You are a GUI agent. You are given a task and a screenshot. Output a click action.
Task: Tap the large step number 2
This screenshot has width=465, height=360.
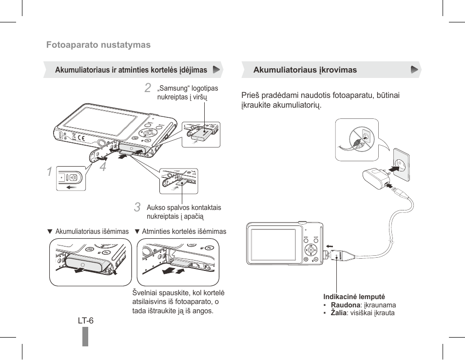[x=148, y=88]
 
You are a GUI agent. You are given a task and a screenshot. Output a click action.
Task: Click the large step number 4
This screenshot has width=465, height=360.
[x=102, y=167]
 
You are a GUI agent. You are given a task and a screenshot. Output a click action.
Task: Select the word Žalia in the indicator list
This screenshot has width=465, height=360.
[x=338, y=313]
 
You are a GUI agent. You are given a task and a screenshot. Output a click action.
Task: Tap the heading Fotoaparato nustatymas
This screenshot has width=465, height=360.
[x=98, y=45]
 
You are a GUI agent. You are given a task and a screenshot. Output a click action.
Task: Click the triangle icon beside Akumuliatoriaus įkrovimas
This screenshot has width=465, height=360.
[x=414, y=70]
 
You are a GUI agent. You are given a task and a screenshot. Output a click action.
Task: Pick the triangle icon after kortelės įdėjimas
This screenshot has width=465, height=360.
[x=216, y=70]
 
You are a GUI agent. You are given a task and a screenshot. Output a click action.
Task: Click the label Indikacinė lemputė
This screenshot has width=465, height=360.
[x=354, y=297]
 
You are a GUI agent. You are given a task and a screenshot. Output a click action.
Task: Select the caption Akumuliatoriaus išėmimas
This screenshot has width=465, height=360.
[x=92, y=231]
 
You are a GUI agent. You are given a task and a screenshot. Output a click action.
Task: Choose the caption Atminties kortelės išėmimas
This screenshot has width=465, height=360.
[x=184, y=231]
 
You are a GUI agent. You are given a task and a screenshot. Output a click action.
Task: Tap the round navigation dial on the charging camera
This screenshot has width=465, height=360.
[x=309, y=249]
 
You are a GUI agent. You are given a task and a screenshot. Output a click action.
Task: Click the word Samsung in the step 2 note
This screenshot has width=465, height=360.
[x=174, y=89]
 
